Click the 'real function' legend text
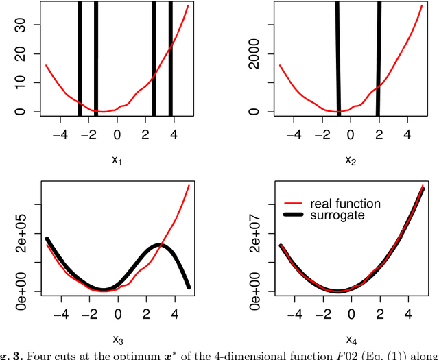pos(345,204)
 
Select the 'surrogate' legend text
pos(336,215)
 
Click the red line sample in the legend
pos(293,204)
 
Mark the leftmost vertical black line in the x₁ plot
pos(80,58)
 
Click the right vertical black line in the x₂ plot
pos(379,58)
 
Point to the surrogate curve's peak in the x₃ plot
pos(159,245)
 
